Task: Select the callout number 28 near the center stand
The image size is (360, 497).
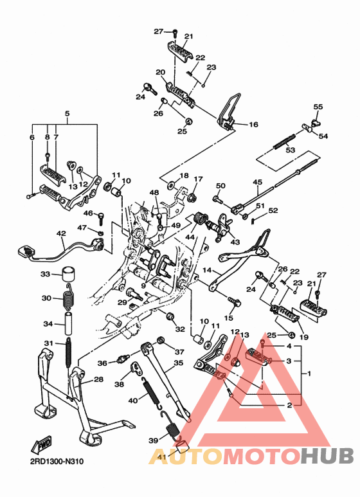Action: tap(98, 380)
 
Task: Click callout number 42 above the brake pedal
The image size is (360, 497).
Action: tap(61, 234)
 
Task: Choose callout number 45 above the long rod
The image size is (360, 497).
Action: tap(258, 182)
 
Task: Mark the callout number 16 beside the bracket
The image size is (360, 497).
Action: tap(253, 125)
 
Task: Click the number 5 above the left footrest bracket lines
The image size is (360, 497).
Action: tap(67, 114)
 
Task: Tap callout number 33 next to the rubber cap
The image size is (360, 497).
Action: tap(45, 275)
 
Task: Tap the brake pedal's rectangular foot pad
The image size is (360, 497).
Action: tap(25, 251)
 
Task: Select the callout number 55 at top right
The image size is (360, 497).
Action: tap(318, 107)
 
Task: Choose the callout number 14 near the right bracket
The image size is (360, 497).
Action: tap(208, 271)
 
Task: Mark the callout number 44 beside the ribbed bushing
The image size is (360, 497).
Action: tap(190, 237)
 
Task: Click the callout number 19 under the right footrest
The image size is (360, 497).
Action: tap(304, 337)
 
